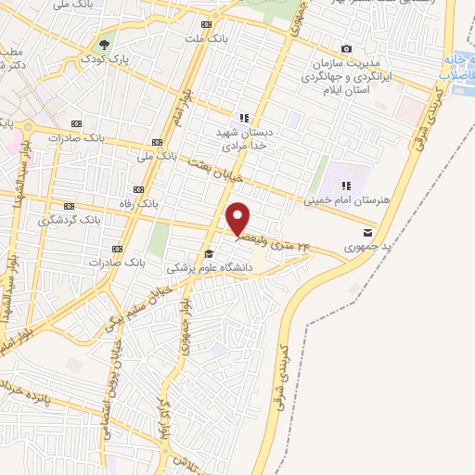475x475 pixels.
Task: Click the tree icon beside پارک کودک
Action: tap(106, 44)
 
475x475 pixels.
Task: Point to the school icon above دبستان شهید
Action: tap(244, 118)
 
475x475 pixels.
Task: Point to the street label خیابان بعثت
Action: tap(208, 168)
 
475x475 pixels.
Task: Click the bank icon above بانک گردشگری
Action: tap(68, 206)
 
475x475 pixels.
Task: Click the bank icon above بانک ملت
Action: tap(206, 25)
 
